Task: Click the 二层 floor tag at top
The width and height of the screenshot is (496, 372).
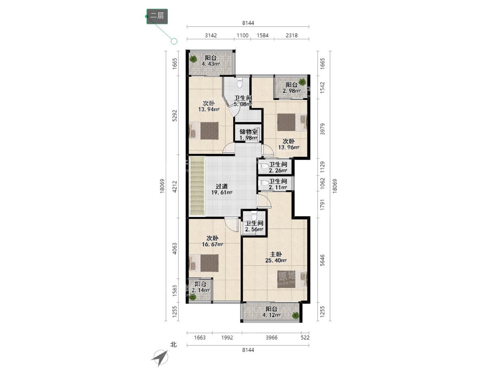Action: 157,16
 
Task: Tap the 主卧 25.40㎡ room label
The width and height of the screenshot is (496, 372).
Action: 276,257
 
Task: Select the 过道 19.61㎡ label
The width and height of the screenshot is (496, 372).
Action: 222,189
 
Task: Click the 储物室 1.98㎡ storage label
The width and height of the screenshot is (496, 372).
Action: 248,135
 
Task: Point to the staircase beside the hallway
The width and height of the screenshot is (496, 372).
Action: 197,186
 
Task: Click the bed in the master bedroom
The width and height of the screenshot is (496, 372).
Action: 292,279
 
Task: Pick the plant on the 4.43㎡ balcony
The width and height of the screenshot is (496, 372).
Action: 193,59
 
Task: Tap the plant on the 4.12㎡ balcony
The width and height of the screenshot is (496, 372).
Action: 296,315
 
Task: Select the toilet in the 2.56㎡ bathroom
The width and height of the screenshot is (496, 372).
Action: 254,214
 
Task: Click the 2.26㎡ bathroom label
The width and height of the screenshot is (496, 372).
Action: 278,167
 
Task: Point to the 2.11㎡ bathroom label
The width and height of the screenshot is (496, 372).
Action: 278,184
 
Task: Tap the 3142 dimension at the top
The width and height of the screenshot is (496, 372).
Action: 211,36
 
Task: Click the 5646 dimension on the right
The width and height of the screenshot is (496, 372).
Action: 322,260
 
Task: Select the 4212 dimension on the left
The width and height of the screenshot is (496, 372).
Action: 174,186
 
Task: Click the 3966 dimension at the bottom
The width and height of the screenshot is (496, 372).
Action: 272,337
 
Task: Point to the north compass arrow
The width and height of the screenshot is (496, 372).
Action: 160,358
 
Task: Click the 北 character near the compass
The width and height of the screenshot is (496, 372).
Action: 174,345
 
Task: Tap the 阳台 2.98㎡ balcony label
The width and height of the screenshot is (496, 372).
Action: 291,88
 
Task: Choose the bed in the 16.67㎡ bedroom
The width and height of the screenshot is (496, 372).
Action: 204,263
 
